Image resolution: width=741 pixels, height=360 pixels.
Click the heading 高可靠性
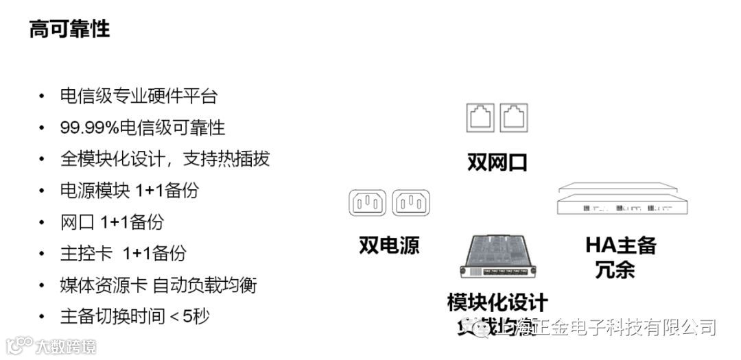(69, 29)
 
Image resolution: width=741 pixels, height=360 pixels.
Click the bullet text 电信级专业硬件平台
(139, 96)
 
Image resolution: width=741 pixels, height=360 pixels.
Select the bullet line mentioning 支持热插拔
(165, 158)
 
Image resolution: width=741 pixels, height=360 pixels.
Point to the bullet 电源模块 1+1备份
(129, 190)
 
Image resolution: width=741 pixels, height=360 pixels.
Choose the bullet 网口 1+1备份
(112, 221)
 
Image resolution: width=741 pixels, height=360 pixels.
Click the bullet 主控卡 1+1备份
(123, 253)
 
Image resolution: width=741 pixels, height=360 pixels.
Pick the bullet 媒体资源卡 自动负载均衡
(158, 285)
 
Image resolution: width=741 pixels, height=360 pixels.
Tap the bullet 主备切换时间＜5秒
(134, 316)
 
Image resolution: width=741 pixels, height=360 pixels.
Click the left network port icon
(480, 118)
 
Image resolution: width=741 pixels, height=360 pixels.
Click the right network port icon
(514, 118)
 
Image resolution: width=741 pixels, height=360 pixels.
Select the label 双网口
(497, 163)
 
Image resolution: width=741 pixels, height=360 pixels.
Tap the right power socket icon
(410, 203)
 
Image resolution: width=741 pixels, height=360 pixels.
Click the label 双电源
(389, 245)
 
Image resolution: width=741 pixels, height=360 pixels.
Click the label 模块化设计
(497, 302)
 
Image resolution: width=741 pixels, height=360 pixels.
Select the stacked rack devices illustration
(622, 201)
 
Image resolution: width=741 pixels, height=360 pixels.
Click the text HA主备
(621, 245)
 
